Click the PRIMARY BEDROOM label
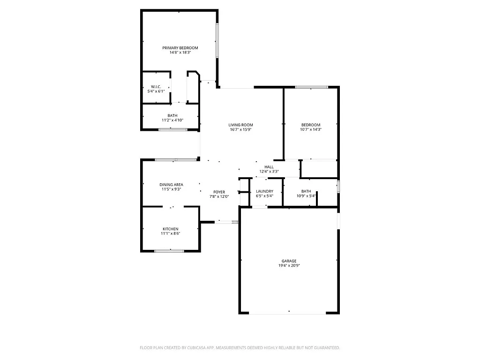pyautogui.click(x=180, y=48)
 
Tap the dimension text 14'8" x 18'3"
pyautogui.click(x=180, y=52)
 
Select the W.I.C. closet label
pyautogui.click(x=156, y=87)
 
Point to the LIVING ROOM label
pyautogui.click(x=241, y=125)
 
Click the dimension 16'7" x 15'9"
pyautogui.click(x=241, y=129)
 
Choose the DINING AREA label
pyautogui.click(x=171, y=185)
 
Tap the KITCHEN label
pyautogui.click(x=170, y=229)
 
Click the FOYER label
pyautogui.click(x=219, y=192)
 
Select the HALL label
pyautogui.click(x=269, y=167)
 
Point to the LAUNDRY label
pyautogui.click(x=264, y=191)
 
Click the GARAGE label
pyautogui.click(x=289, y=261)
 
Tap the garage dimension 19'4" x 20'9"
pyautogui.click(x=289, y=266)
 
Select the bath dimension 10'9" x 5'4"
pyautogui.click(x=306, y=196)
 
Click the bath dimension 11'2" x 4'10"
pyautogui.click(x=172, y=120)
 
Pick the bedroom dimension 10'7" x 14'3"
pyautogui.click(x=311, y=129)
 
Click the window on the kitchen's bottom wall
pyautogui.click(x=169, y=251)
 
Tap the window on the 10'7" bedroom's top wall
pyautogui.click(x=311, y=87)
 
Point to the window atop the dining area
pyautogui.click(x=176, y=160)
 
